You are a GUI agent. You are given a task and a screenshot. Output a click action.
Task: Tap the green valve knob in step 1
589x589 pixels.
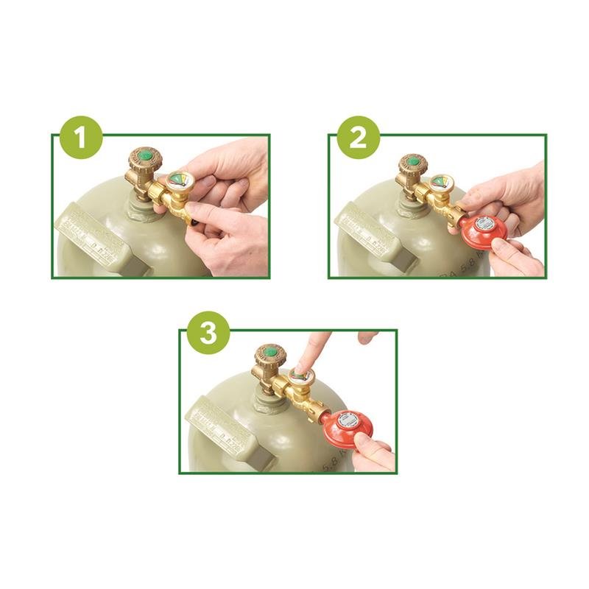point(148,157)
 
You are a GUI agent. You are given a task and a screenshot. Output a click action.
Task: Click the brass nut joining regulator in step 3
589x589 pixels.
point(319,409)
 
